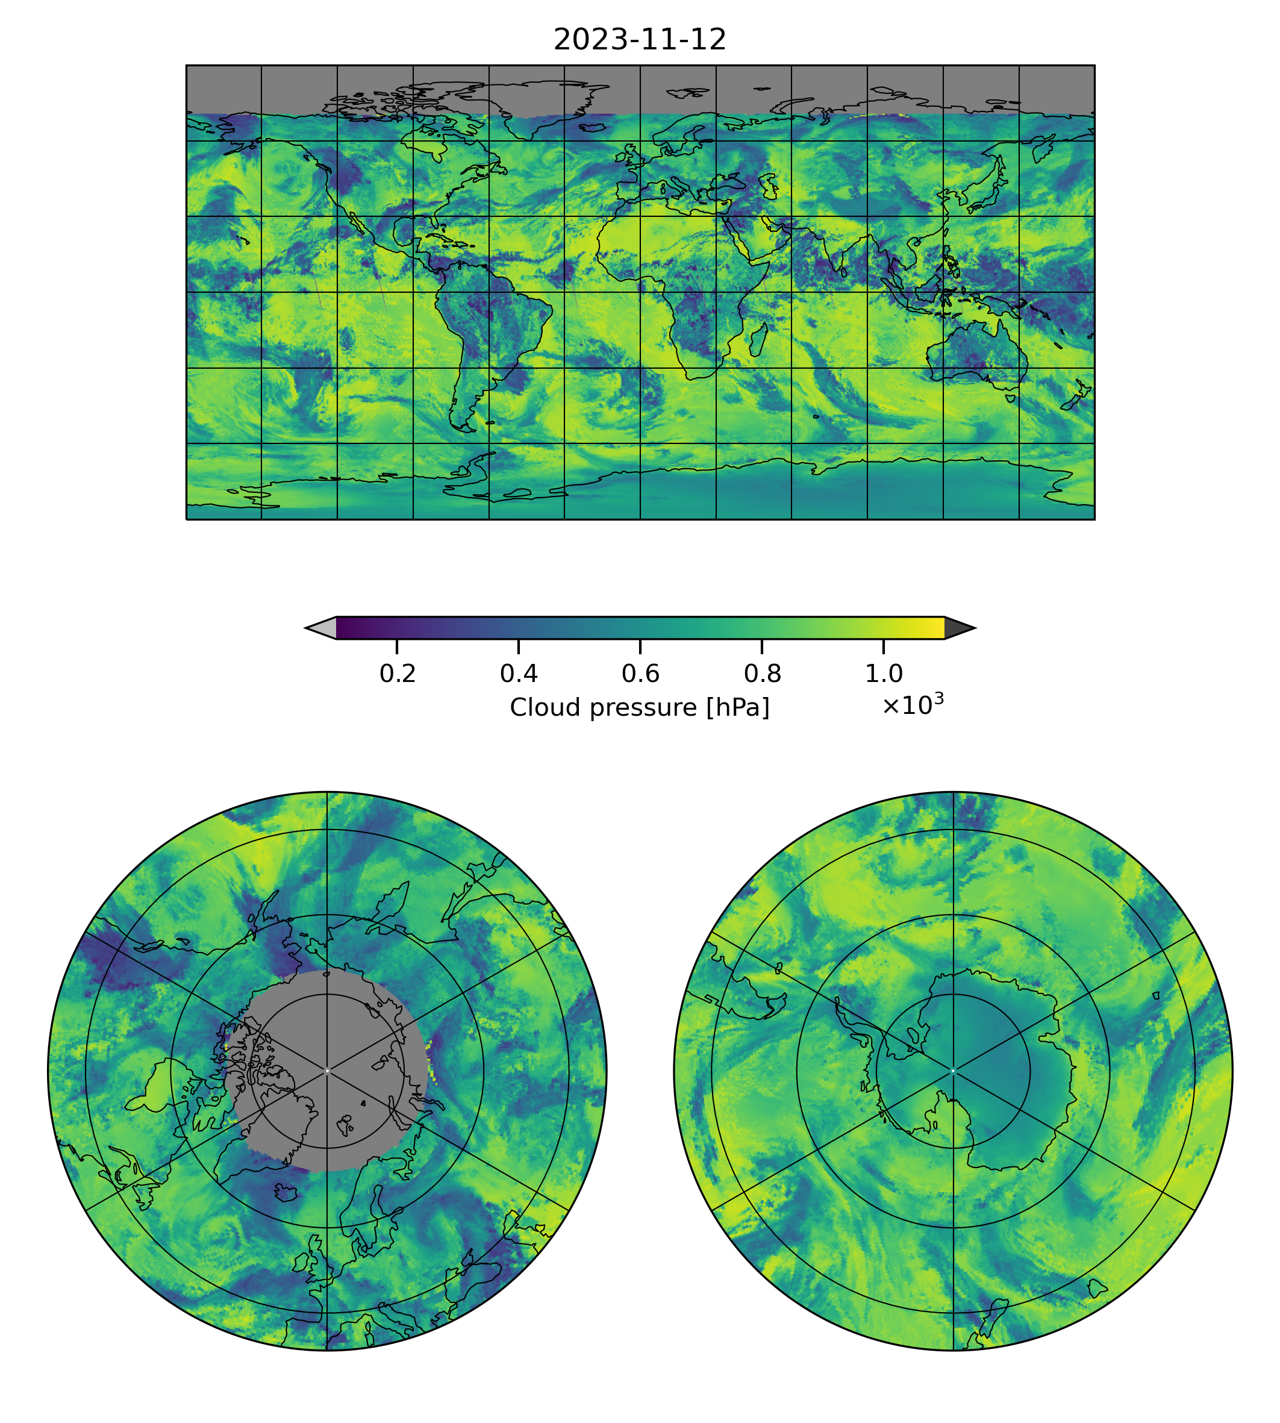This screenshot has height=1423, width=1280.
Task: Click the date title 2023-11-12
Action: tap(639, 40)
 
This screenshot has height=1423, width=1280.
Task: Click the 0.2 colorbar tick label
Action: tap(398, 674)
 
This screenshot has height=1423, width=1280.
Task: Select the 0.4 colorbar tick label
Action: tap(519, 674)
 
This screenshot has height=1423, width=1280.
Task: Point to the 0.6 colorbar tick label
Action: tap(640, 674)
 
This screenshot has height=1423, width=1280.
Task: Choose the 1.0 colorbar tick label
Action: tap(883, 674)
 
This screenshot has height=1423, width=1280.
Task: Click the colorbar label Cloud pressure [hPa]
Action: tap(639, 708)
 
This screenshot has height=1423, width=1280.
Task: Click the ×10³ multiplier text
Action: tap(912, 705)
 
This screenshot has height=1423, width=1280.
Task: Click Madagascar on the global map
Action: tap(757, 340)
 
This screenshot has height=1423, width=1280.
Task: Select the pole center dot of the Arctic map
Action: tap(327, 1071)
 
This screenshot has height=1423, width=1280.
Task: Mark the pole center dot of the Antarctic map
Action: tap(953, 1071)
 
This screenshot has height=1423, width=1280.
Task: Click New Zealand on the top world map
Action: tap(1076, 398)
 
